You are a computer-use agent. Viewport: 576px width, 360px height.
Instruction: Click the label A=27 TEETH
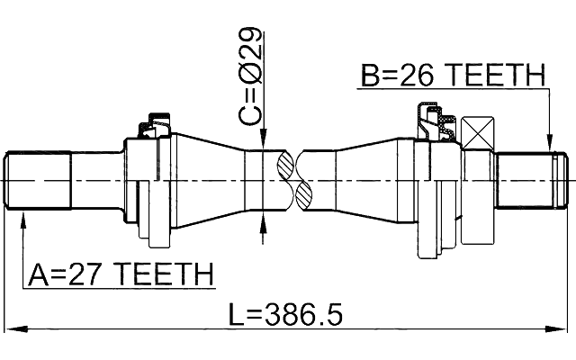click(121, 273)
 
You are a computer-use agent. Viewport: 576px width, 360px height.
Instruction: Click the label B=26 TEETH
click(453, 76)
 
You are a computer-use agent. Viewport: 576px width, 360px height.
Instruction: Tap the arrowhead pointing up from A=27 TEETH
click(22, 219)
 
